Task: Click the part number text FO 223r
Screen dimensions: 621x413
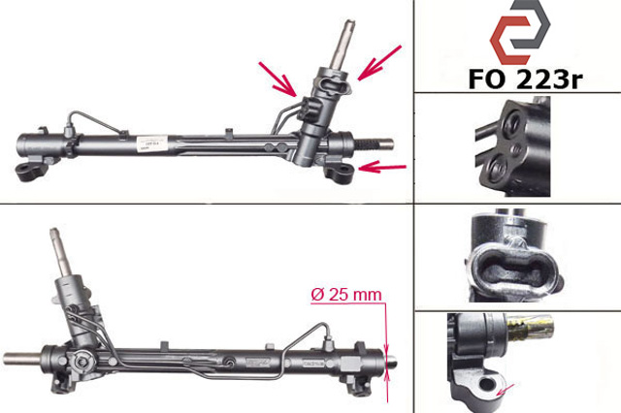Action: tap(525, 79)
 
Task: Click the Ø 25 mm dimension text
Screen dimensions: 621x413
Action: tap(346, 295)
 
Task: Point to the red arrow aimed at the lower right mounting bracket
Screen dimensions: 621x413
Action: tap(382, 168)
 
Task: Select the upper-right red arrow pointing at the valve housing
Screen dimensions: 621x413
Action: tap(379, 62)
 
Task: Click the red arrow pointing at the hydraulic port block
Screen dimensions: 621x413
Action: tap(278, 79)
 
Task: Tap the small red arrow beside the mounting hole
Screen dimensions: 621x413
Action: tap(506, 390)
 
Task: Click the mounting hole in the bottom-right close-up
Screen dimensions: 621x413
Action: tap(487, 384)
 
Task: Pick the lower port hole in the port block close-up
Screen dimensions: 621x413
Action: tap(498, 171)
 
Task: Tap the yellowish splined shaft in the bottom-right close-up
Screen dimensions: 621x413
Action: tap(530, 329)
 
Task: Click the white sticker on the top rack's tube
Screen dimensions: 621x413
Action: tap(152, 143)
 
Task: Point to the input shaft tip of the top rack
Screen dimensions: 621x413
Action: tap(350, 23)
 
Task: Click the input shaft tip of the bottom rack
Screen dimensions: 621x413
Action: tap(54, 233)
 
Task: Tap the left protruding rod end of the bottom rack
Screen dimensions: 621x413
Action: tap(22, 358)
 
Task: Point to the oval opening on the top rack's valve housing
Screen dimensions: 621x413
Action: tap(332, 84)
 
